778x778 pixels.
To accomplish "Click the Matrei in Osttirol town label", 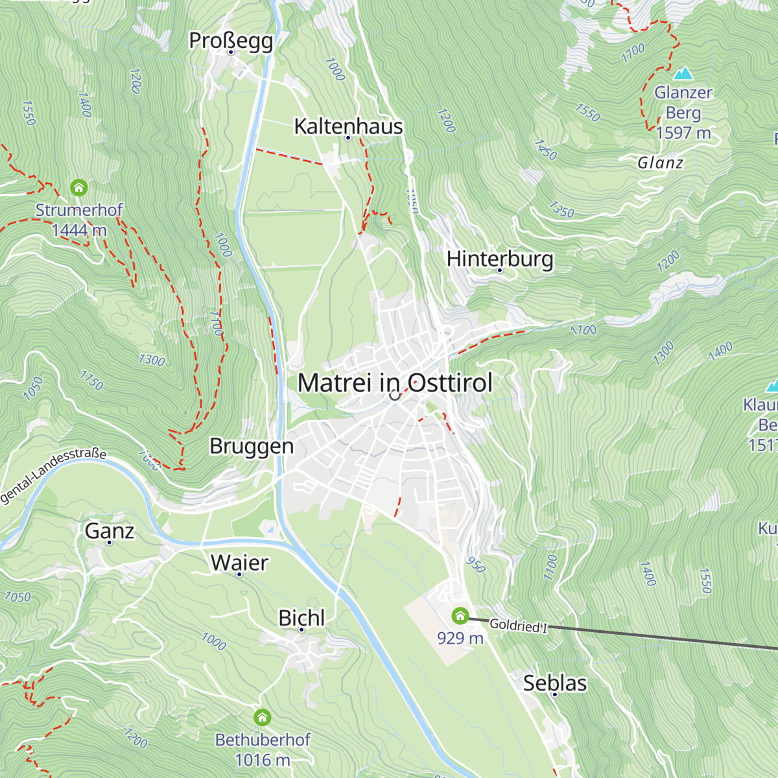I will [395, 383].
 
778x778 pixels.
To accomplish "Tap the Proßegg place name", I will [231, 40].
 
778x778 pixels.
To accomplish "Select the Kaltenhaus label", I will [348, 126].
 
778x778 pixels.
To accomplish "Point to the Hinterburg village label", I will [500, 258].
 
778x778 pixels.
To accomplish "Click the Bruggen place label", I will [252, 446].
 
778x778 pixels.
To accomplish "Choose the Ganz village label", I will [110, 531].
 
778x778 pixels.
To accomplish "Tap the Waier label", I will [239, 562].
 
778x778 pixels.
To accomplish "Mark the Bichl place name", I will [301, 618].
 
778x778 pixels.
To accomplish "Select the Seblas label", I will [555, 683].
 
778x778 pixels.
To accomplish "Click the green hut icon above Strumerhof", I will [79, 188].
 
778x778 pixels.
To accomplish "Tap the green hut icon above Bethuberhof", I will [262, 717].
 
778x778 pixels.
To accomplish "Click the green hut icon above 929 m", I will [460, 615].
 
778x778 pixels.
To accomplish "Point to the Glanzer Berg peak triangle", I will [683, 73].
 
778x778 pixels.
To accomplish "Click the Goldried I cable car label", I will [518, 626].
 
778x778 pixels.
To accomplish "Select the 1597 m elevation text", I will [683, 133].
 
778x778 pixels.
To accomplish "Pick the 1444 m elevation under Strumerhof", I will [79, 230].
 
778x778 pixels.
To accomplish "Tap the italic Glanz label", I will [660, 163].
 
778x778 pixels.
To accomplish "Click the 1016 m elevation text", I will [262, 760].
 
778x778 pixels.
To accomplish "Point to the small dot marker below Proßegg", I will [231, 53].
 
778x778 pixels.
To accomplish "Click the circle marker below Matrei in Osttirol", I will [394, 395].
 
